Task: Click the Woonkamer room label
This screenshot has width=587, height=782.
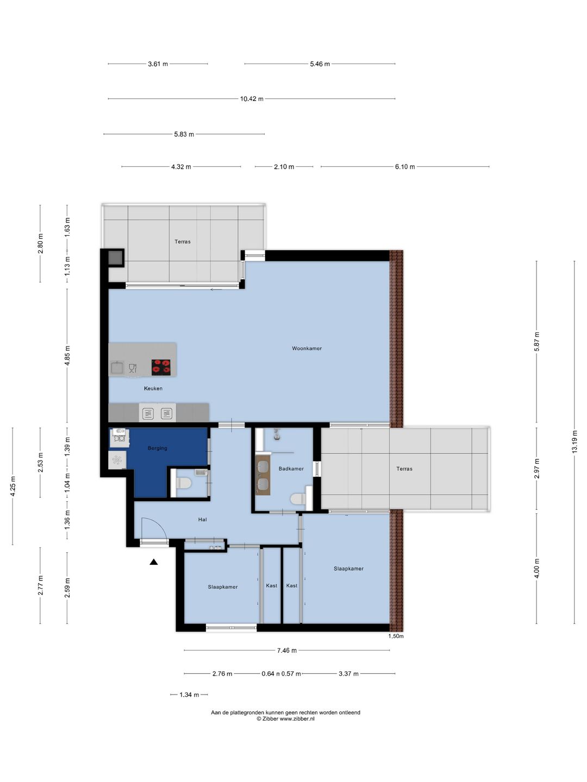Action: tap(307, 349)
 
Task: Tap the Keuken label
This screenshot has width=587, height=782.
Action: tap(153, 388)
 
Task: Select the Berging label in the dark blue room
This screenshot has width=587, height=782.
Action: tap(157, 448)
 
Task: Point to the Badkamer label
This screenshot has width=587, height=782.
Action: tap(291, 469)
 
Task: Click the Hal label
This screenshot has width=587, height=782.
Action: tap(202, 520)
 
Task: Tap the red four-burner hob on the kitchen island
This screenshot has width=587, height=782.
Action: tap(161, 367)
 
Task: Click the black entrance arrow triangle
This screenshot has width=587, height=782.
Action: tap(154, 562)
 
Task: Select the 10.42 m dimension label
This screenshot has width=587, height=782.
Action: tap(252, 99)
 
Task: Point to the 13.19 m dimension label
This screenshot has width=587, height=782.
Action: tap(574, 442)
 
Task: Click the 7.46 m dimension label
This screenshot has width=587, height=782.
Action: tap(286, 651)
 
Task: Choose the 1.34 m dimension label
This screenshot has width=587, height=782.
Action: tap(189, 695)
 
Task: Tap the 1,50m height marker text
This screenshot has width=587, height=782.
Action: tap(396, 636)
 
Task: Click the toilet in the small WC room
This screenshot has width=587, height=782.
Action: tap(184, 483)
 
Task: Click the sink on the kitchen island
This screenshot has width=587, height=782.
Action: tap(117, 367)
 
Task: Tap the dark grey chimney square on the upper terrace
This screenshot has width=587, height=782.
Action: tap(115, 257)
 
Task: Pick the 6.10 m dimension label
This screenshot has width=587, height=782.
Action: tap(405, 167)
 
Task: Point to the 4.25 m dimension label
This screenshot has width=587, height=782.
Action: tap(13, 486)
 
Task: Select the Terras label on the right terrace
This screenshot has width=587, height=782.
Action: tap(404, 469)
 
